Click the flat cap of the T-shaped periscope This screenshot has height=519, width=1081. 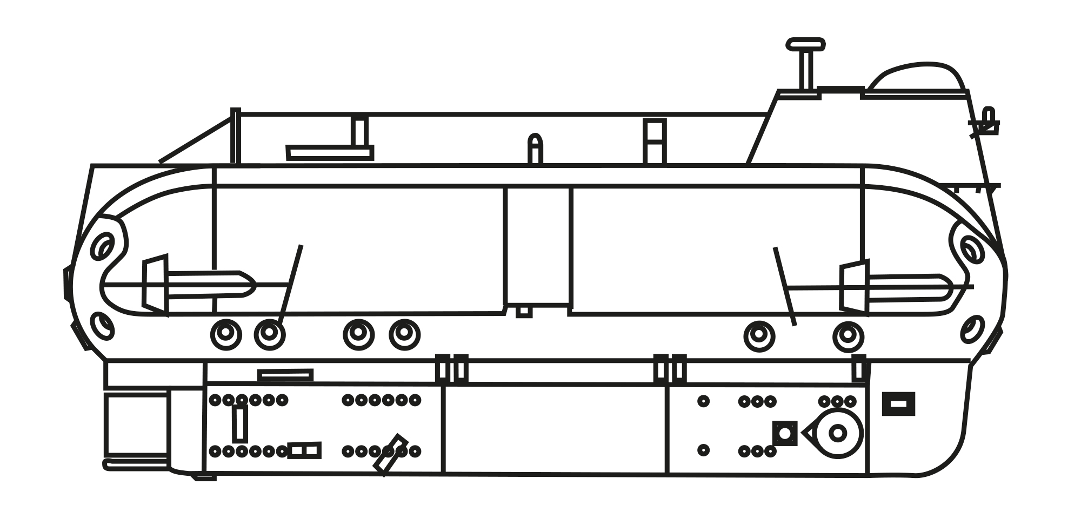(x=805, y=44)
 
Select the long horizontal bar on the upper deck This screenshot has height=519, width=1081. (x=330, y=153)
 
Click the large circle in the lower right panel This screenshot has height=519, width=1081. (x=837, y=433)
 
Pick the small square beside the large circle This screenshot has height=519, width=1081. (x=785, y=433)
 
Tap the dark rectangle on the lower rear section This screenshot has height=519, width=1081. (x=898, y=404)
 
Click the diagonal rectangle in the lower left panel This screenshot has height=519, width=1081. (x=390, y=455)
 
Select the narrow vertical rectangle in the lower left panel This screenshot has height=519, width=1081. (x=240, y=424)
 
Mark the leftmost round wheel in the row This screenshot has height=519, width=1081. (x=226, y=334)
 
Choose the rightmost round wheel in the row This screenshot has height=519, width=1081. (x=848, y=336)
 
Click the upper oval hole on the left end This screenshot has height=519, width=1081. (x=103, y=246)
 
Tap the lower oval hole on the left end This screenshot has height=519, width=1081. (x=103, y=326)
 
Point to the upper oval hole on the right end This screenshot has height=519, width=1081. (x=971, y=250)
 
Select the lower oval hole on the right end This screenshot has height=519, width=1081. (x=972, y=329)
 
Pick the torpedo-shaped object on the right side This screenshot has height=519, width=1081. (x=908, y=288)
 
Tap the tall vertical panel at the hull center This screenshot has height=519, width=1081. (x=538, y=246)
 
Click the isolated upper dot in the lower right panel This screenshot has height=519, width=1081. (x=703, y=401)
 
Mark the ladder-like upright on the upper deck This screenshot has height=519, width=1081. (x=655, y=141)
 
